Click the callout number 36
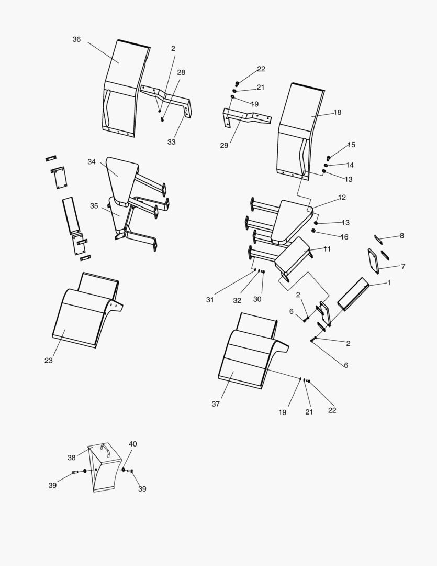76,39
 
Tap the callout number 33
172,141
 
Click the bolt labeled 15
329,158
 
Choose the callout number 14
350,165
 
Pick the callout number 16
344,237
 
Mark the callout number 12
342,198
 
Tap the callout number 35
94,206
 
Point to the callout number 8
402,236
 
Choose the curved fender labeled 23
84,320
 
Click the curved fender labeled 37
246,362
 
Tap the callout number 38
72,458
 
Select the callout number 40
133,444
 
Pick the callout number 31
210,300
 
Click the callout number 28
181,72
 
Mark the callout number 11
327,249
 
